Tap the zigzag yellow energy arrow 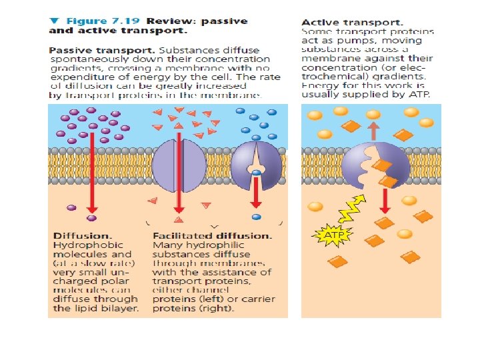[352, 207]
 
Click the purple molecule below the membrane [91, 217]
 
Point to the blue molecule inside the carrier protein [257, 173]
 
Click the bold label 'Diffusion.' [82, 236]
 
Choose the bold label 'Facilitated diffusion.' [212, 236]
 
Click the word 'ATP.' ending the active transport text [427, 94]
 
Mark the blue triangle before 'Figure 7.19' [54, 21]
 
